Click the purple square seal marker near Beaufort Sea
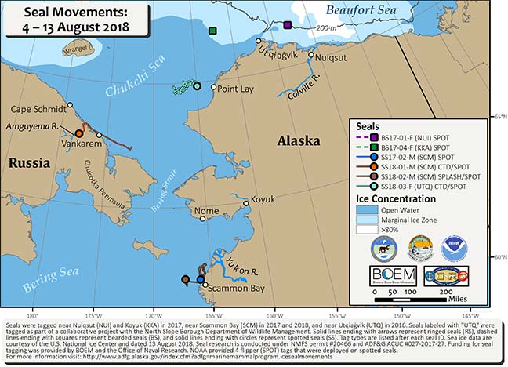tap(288, 26)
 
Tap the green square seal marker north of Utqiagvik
tap(212, 31)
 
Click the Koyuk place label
tap(264, 200)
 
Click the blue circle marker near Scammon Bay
tap(200, 278)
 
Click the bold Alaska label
tap(299, 141)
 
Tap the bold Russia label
tap(31, 164)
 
